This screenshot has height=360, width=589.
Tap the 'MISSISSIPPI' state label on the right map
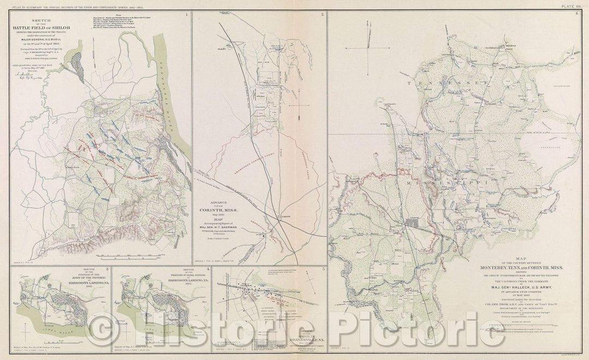431,184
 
